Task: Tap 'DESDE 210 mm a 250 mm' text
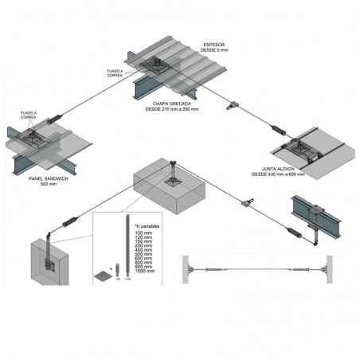click(x=171, y=109)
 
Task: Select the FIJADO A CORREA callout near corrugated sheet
click(x=115, y=74)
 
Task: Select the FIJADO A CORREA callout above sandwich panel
click(x=29, y=115)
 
